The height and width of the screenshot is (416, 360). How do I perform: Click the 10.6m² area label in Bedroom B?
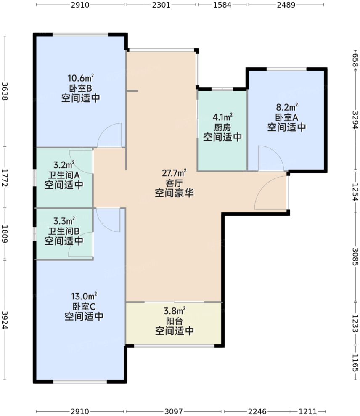[80, 78]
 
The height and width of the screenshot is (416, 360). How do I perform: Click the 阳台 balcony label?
[174, 321]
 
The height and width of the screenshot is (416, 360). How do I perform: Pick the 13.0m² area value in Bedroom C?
[84, 296]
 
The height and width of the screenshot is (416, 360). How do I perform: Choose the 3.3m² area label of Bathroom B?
[64, 221]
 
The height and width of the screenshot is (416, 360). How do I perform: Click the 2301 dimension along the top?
[161, 5]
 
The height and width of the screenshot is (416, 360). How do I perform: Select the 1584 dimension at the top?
[222, 5]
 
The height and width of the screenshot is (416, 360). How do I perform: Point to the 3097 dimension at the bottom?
[174, 411]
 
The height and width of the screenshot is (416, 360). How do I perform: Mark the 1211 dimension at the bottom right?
[309, 411]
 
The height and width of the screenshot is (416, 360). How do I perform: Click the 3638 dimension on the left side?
[5, 91]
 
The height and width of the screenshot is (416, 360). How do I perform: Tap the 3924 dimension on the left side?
[5, 321]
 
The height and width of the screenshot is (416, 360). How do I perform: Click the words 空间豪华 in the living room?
[174, 193]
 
